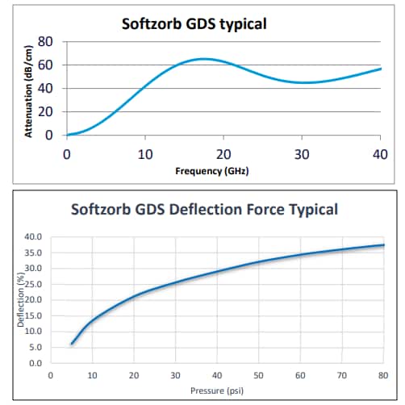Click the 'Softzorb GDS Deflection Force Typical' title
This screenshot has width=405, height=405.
pyautogui.click(x=204, y=210)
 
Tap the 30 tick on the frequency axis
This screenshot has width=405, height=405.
pyautogui.click(x=302, y=153)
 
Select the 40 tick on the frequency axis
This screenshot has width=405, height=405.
pyautogui.click(x=380, y=153)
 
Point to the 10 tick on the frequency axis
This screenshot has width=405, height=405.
pyautogui.click(x=145, y=153)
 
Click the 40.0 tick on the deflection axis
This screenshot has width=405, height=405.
pyautogui.click(x=31, y=236)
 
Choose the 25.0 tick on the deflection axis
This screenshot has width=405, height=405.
pyautogui.click(x=31, y=284)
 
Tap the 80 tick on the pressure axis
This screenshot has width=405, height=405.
pyautogui.click(x=382, y=375)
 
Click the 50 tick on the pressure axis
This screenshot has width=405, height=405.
pyautogui.click(x=257, y=375)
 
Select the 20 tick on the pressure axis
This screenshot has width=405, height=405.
pyautogui.click(x=133, y=375)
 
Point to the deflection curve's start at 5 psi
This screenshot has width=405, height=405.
pyautogui.click(x=71, y=344)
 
